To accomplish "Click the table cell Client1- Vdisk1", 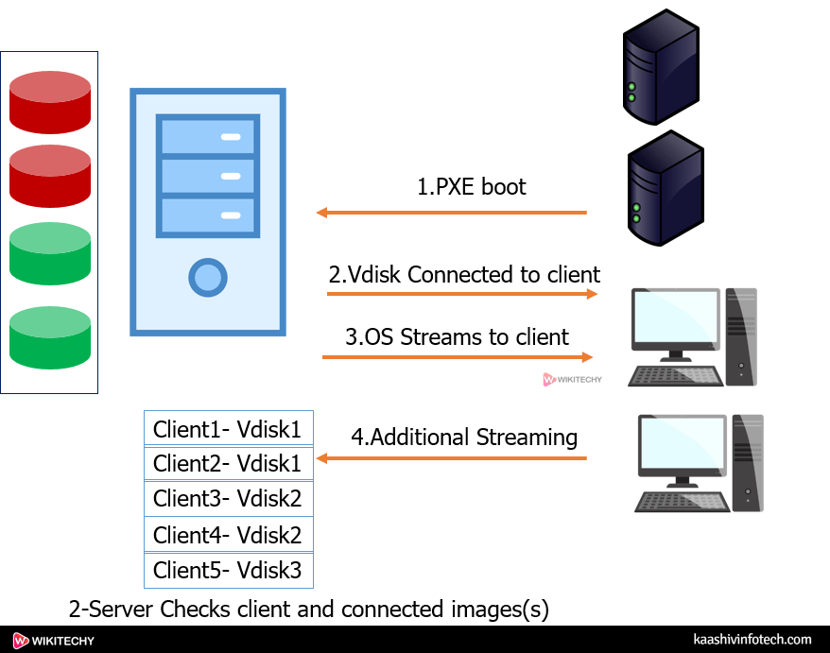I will (227, 429).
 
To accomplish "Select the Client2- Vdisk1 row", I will (227, 464).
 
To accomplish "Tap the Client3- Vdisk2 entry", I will (227, 499).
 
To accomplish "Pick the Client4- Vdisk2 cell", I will (227, 535).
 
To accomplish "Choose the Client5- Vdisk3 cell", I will (227, 571).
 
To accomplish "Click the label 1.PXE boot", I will (472, 186).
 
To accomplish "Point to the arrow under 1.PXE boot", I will (452, 213).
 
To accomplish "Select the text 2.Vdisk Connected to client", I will (464, 275).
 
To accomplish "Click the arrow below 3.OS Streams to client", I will (458, 357).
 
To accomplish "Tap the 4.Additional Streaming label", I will (464, 438).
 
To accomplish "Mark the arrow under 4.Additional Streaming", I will (452, 458).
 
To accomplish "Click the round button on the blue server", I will (208, 277).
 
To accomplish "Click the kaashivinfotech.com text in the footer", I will (752, 640).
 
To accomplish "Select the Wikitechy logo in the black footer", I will (54, 640).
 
